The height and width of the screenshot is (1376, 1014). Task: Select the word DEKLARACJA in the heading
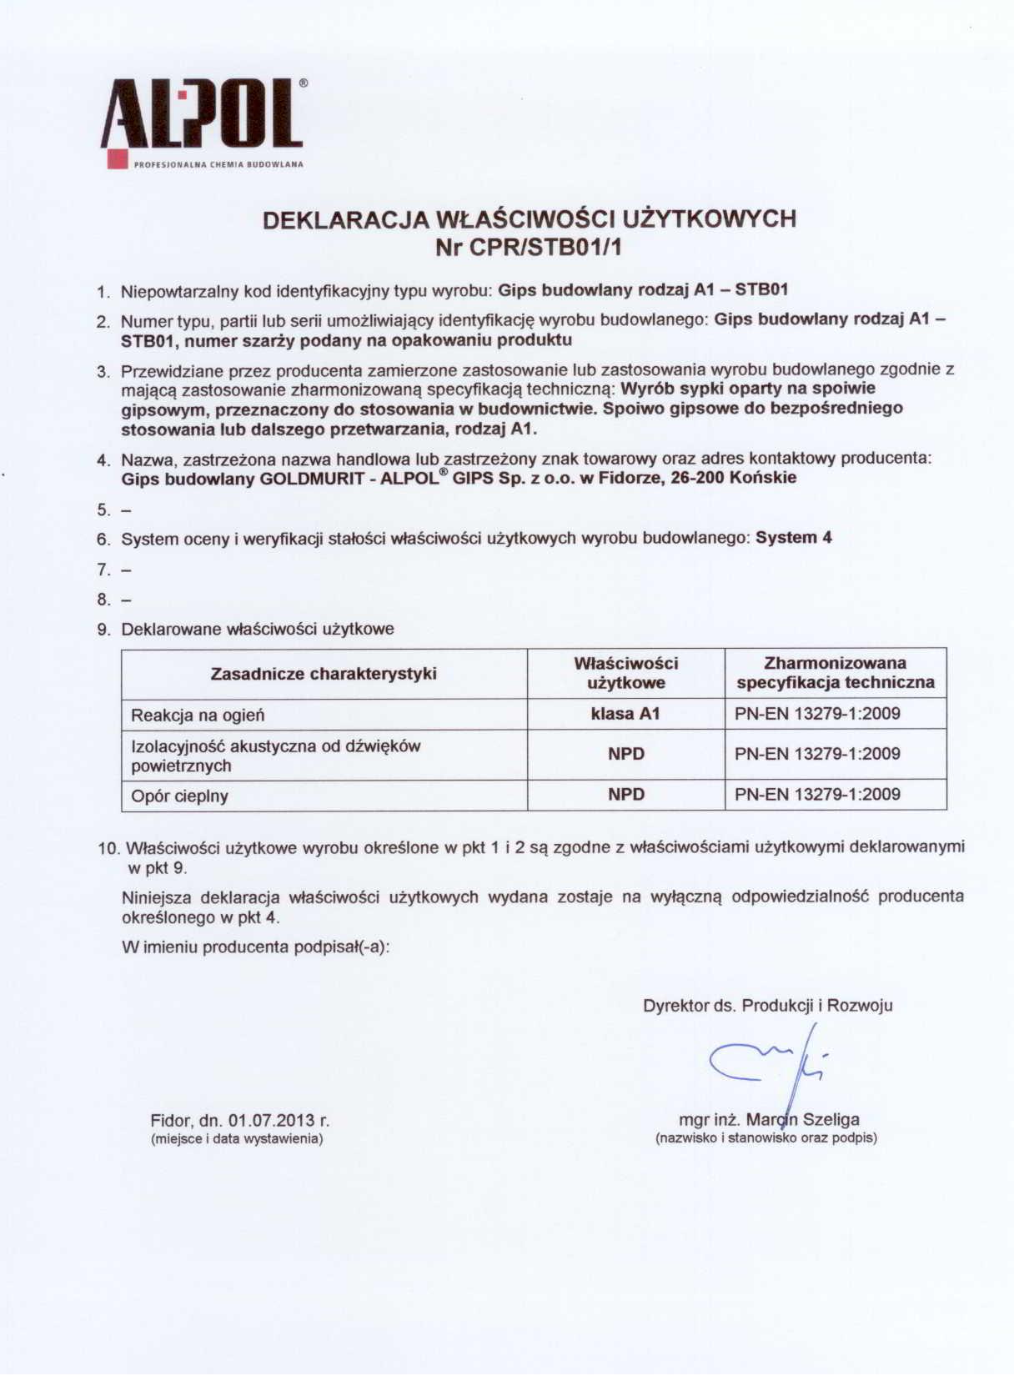click(346, 219)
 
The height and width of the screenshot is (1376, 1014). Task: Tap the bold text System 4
click(793, 538)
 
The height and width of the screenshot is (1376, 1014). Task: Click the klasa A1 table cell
click(625, 714)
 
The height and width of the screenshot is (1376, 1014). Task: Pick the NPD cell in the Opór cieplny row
click(625, 794)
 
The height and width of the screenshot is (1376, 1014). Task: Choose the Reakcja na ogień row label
click(198, 715)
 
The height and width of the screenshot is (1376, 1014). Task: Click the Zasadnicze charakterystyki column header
click(324, 674)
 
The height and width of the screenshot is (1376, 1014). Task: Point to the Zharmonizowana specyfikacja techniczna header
click(835, 673)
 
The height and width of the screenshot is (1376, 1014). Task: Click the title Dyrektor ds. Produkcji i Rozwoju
click(767, 1005)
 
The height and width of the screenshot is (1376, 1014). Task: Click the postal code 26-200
click(698, 478)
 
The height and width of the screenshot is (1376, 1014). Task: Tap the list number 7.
click(103, 570)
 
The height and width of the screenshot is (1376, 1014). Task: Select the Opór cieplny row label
click(179, 796)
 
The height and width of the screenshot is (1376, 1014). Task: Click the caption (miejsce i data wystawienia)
click(236, 1138)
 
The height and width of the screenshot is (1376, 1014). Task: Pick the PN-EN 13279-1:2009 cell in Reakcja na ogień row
click(817, 714)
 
